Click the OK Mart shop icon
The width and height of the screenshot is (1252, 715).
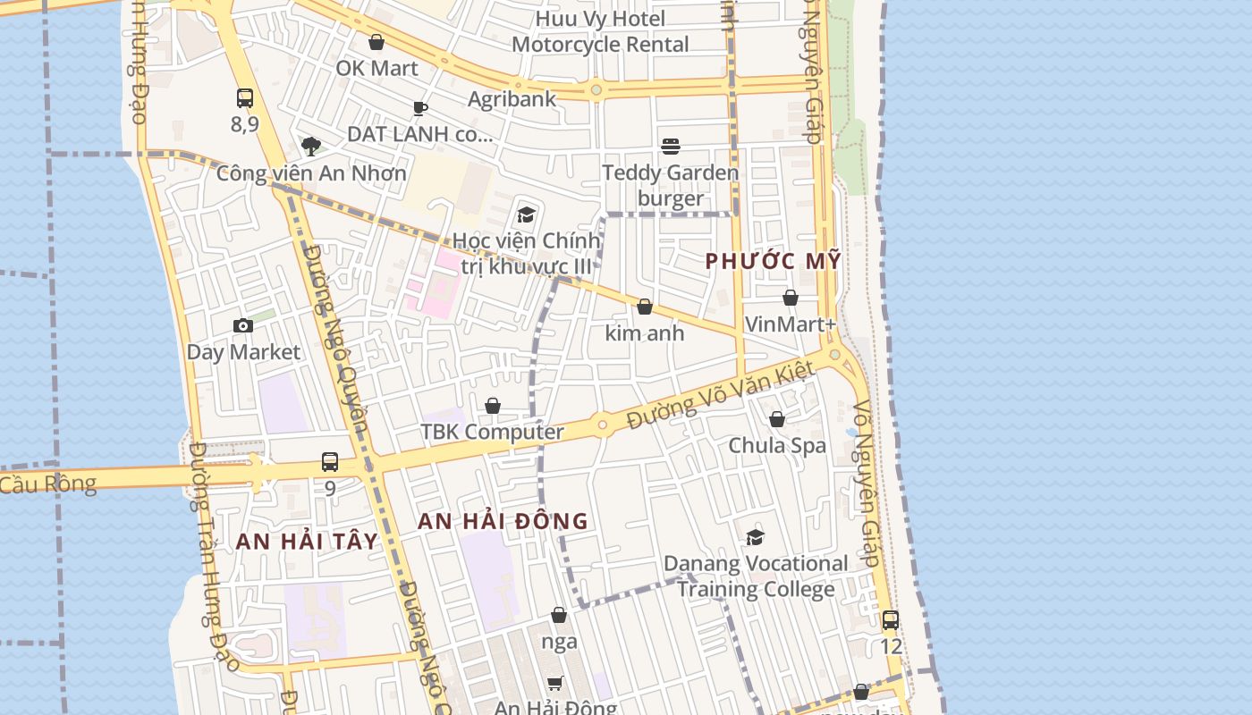(376, 42)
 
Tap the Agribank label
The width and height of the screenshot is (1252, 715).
(512, 98)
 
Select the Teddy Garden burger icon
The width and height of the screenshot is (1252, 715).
(671, 147)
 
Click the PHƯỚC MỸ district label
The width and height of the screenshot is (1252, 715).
(774, 261)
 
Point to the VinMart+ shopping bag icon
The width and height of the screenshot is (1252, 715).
(791, 298)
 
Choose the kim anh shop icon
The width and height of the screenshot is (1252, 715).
(645, 307)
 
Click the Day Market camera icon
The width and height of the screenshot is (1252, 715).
(243, 325)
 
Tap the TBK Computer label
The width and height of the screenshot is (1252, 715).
(493, 432)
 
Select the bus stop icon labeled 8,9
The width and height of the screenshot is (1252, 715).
(245, 98)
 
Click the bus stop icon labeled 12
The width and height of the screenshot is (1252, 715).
(891, 619)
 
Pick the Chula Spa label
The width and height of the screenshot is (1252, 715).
(777, 445)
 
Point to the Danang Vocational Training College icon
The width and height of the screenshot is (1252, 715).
(756, 537)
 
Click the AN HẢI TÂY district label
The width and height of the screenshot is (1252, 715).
(307, 542)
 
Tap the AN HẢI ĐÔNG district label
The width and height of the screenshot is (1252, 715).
(503, 521)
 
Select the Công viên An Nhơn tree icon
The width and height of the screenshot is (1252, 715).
(311, 146)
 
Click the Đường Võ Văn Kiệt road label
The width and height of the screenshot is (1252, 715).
(721, 394)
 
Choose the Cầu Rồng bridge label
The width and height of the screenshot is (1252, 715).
(47, 484)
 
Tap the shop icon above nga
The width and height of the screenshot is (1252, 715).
(559, 615)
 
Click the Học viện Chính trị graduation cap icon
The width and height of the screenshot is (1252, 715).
(526, 214)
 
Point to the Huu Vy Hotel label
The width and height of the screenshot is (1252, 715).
(601, 19)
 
